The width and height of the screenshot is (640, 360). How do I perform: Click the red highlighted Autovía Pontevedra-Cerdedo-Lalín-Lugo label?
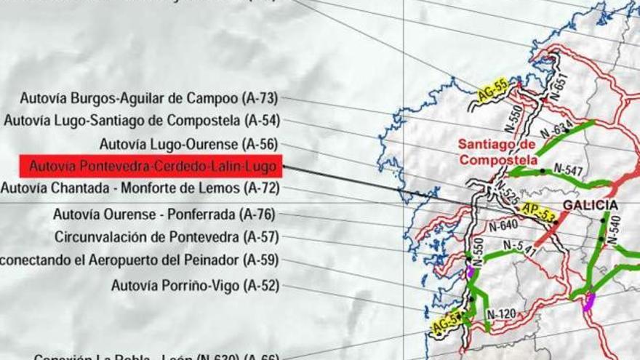tap(151, 167)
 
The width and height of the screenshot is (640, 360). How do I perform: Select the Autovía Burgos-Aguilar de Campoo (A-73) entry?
tap(149, 97)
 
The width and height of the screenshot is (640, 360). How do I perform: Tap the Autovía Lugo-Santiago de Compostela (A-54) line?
tap(141, 120)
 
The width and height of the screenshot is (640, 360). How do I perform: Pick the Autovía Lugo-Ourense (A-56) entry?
tap(188, 143)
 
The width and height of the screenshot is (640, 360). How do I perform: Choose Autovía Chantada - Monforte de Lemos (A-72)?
tap(140, 189)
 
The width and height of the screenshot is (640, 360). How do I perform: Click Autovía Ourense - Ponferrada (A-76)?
tap(166, 215)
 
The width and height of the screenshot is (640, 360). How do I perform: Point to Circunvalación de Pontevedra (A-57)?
tap(167, 237)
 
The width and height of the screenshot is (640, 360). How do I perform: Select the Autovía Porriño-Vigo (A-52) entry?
tap(195, 285)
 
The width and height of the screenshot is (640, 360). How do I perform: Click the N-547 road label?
tap(568, 169)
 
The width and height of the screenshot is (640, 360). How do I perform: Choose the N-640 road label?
tap(503, 226)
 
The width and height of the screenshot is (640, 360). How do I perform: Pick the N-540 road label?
tap(614, 230)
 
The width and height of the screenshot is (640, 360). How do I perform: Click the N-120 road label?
tap(501, 314)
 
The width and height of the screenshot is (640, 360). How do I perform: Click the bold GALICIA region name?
tap(590, 205)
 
